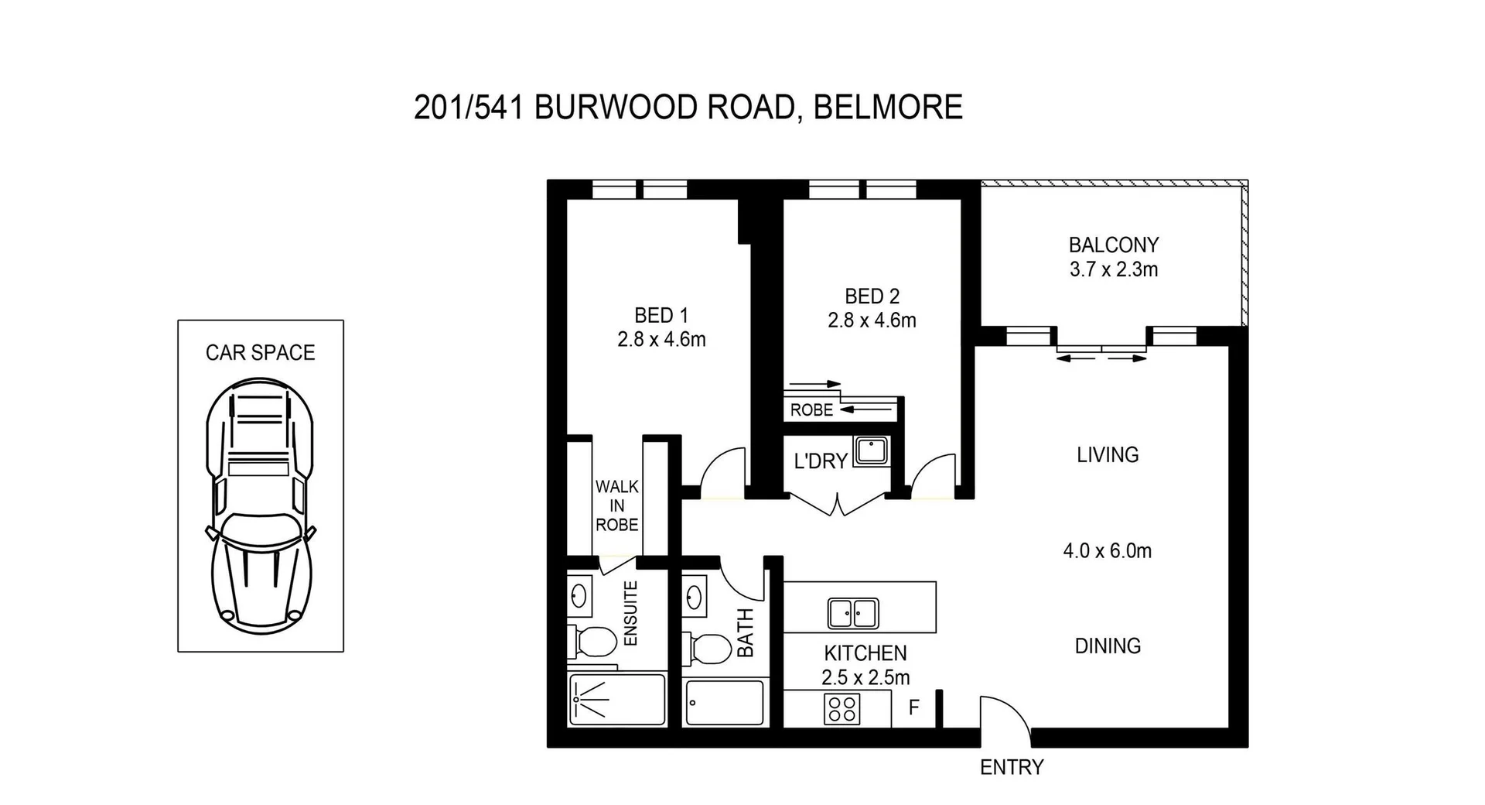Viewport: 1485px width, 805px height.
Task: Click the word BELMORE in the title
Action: click(x=888, y=107)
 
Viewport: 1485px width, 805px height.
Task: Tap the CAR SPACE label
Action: click(x=260, y=353)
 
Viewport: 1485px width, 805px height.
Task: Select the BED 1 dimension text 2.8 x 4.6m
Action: click(x=661, y=340)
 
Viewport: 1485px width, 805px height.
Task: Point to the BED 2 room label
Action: click(x=872, y=296)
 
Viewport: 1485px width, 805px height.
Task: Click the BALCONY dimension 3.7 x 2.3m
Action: click(x=1113, y=270)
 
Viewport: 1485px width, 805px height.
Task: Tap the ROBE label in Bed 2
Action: click(x=811, y=410)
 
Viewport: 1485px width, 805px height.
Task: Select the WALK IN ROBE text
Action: click(x=616, y=505)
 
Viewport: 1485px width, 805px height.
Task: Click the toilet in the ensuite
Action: click(x=593, y=641)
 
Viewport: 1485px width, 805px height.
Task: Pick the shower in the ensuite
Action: click(x=616, y=699)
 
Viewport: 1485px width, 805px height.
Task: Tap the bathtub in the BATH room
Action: click(x=725, y=702)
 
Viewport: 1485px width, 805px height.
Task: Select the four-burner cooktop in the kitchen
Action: click(x=841, y=708)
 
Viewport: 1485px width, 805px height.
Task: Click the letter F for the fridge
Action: click(x=913, y=707)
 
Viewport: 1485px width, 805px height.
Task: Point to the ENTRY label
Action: click(x=1012, y=767)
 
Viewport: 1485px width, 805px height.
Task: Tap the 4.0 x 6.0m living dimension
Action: click(x=1107, y=551)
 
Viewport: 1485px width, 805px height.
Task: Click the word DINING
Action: click(x=1108, y=646)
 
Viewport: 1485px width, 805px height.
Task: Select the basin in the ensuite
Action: click(x=578, y=596)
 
